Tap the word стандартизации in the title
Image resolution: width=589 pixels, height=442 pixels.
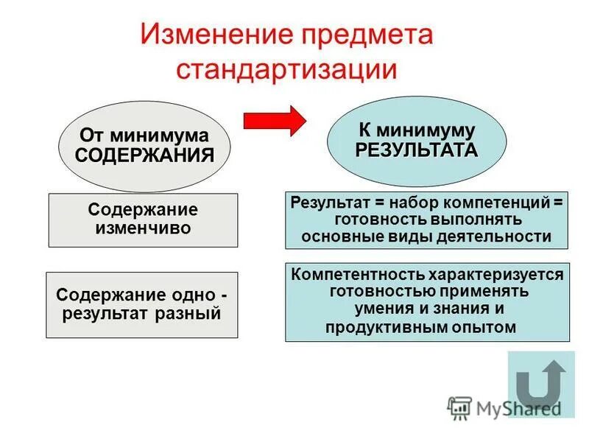point(287,69)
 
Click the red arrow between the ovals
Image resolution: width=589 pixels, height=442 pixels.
point(274,119)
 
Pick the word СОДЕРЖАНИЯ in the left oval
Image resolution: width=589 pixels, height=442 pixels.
point(144,155)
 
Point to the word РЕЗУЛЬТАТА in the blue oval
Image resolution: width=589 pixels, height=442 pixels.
point(417,150)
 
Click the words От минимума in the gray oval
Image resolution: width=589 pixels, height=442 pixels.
point(144,136)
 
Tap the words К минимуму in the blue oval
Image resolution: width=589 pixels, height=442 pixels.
point(417,130)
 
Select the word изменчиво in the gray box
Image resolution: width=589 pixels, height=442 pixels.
point(143,228)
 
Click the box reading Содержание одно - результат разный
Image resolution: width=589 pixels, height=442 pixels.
point(142,304)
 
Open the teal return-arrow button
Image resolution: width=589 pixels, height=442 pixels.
point(540,384)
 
